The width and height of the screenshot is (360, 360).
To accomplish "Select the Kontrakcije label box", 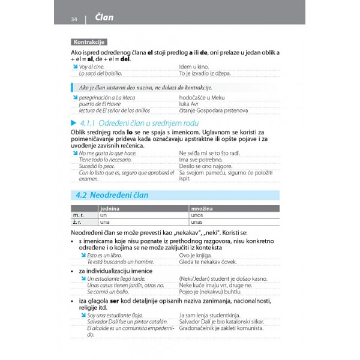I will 88,42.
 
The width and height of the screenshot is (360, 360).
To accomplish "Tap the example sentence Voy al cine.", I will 91,66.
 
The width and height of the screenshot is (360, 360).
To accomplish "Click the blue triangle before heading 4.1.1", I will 73,123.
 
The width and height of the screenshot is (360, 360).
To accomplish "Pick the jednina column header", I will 110,208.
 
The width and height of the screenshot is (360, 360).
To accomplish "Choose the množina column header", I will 202,208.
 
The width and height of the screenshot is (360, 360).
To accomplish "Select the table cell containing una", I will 106,221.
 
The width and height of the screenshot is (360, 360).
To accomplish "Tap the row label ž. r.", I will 77,221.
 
